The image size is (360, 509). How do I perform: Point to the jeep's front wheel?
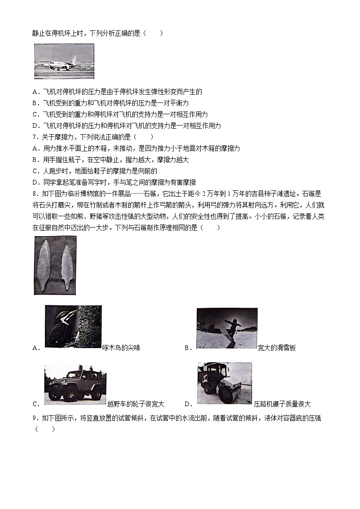[56, 395]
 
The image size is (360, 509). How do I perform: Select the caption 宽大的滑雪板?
[277, 348]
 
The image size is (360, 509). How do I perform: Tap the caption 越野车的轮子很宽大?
[136, 404]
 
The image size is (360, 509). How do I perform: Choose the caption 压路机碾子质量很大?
[282, 404]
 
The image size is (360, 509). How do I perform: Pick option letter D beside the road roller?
[187, 404]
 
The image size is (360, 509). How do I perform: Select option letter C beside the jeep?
[36, 404]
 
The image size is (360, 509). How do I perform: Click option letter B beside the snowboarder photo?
[187, 348]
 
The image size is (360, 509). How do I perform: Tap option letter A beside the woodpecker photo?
[36, 348]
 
